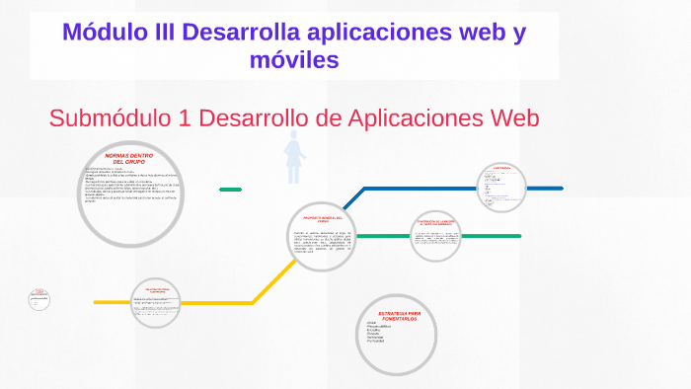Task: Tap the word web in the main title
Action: click(x=462, y=31)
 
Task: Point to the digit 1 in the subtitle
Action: click(x=186, y=117)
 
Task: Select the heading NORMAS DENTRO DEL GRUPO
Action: click(x=130, y=158)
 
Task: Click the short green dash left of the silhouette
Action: click(x=230, y=189)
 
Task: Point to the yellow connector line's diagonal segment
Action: click(x=272, y=280)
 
